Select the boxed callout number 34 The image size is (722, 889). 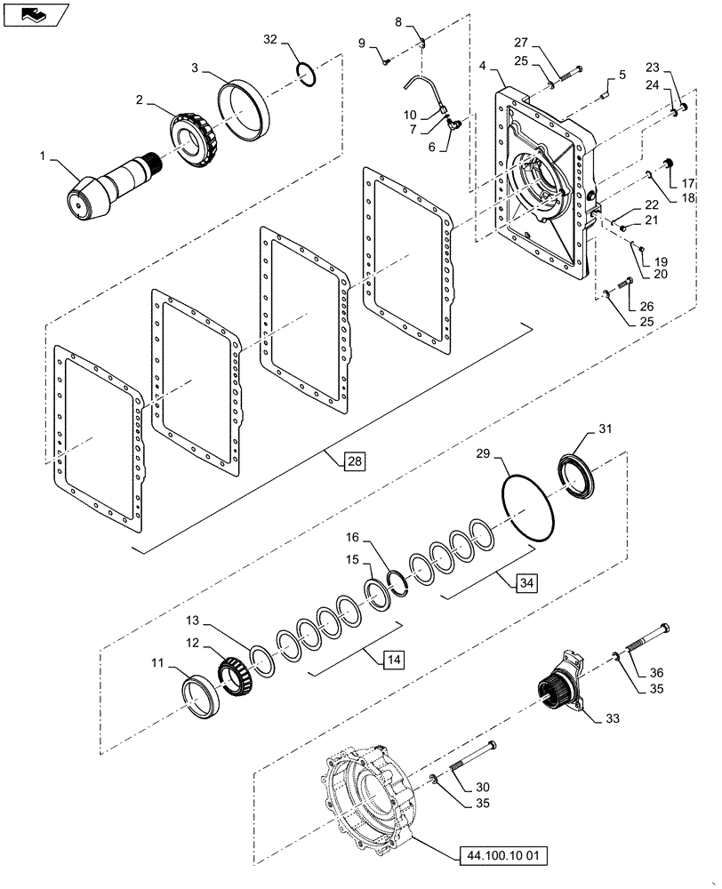(x=525, y=583)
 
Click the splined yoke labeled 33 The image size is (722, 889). (x=560, y=686)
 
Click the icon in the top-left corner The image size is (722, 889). (x=33, y=13)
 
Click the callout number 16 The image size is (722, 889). (x=355, y=538)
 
